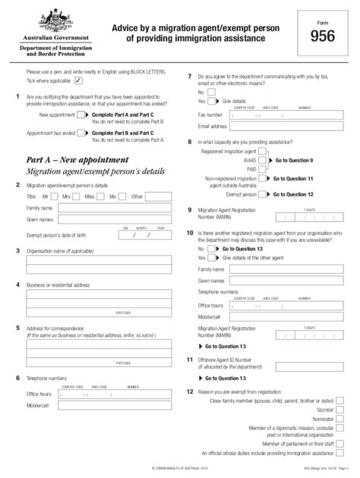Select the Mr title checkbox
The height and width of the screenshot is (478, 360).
(x=58, y=196)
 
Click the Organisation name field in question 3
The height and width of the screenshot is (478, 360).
(x=98, y=263)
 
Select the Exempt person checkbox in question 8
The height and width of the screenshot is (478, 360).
(x=263, y=193)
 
